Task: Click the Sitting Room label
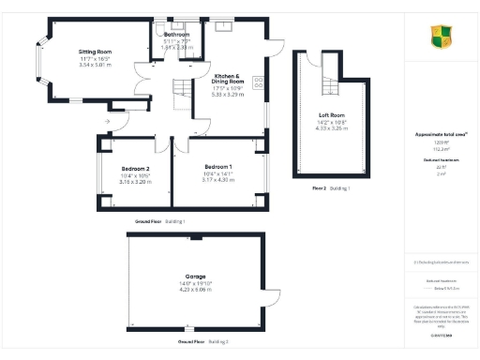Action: [94, 51]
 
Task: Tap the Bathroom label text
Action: [176, 35]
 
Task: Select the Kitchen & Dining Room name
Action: [228, 79]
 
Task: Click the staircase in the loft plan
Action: [328, 83]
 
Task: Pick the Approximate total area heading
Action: [441, 134]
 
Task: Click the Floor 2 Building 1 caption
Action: [330, 188]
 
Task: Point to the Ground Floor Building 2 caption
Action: [196, 342]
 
